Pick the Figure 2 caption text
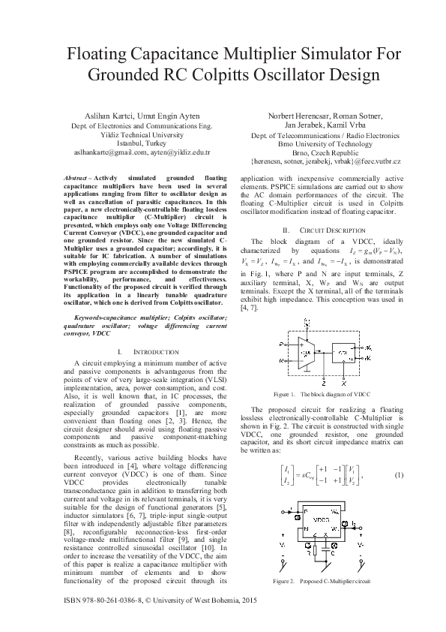pyautogui.click(x=323, y=580)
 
